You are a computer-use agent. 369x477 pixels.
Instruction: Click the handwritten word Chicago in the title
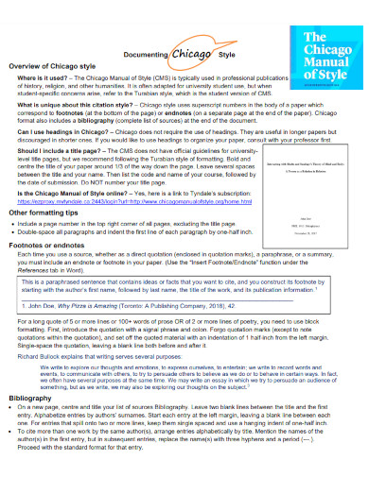tap(192, 55)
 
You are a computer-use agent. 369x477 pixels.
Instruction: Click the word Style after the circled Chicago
tap(227, 56)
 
